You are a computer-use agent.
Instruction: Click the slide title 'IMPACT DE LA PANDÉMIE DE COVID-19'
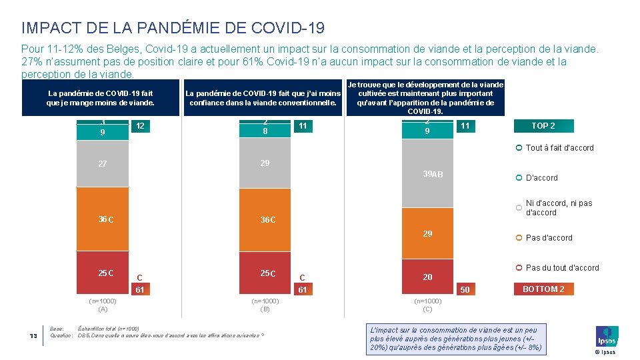pos(173,28)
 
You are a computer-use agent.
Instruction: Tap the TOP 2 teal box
pos(543,126)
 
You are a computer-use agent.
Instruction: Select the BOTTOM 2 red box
pos(543,289)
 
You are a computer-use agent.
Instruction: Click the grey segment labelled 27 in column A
pos(103,163)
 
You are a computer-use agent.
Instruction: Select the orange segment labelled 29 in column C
pos(427,233)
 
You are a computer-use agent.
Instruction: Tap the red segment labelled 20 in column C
pos(427,277)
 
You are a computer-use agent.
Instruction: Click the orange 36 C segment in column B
pos(265,220)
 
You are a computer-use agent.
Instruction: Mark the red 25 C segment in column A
pos(103,273)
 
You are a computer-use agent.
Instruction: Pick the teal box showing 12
pos(140,126)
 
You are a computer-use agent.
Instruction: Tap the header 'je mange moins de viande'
pos(100,98)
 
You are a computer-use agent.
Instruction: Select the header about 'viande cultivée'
pos(425,98)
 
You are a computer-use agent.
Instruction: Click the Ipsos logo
pos(607,337)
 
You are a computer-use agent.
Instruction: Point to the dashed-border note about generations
pos(455,338)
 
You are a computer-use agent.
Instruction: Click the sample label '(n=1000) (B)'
pos(265,305)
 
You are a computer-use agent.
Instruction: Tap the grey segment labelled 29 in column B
pos(265,163)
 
